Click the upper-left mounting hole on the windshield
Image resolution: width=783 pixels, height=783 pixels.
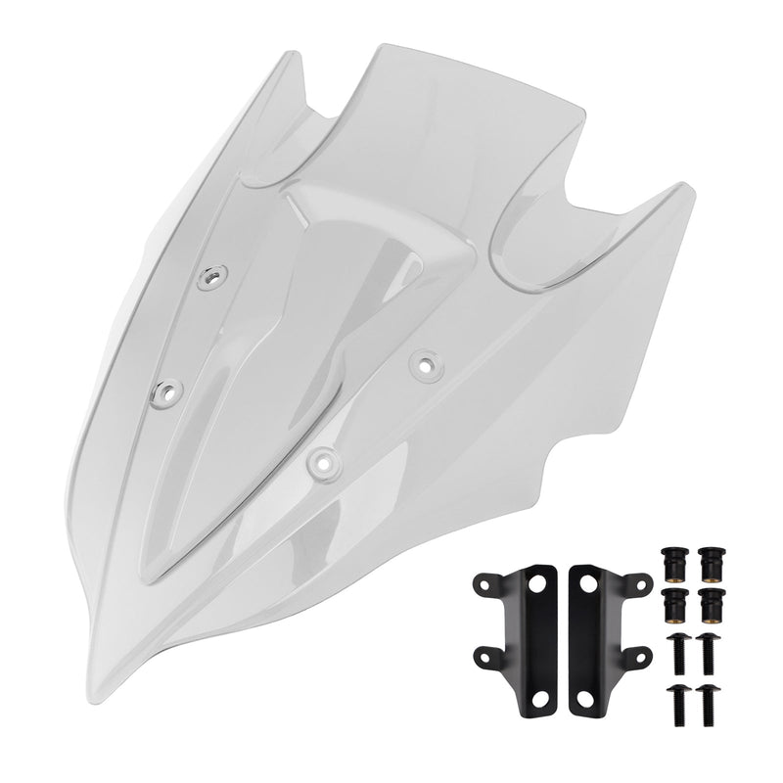coord(208,279)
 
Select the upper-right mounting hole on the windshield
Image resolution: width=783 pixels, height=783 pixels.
coord(424,363)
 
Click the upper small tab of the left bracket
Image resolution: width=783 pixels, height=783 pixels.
coord(483,585)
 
